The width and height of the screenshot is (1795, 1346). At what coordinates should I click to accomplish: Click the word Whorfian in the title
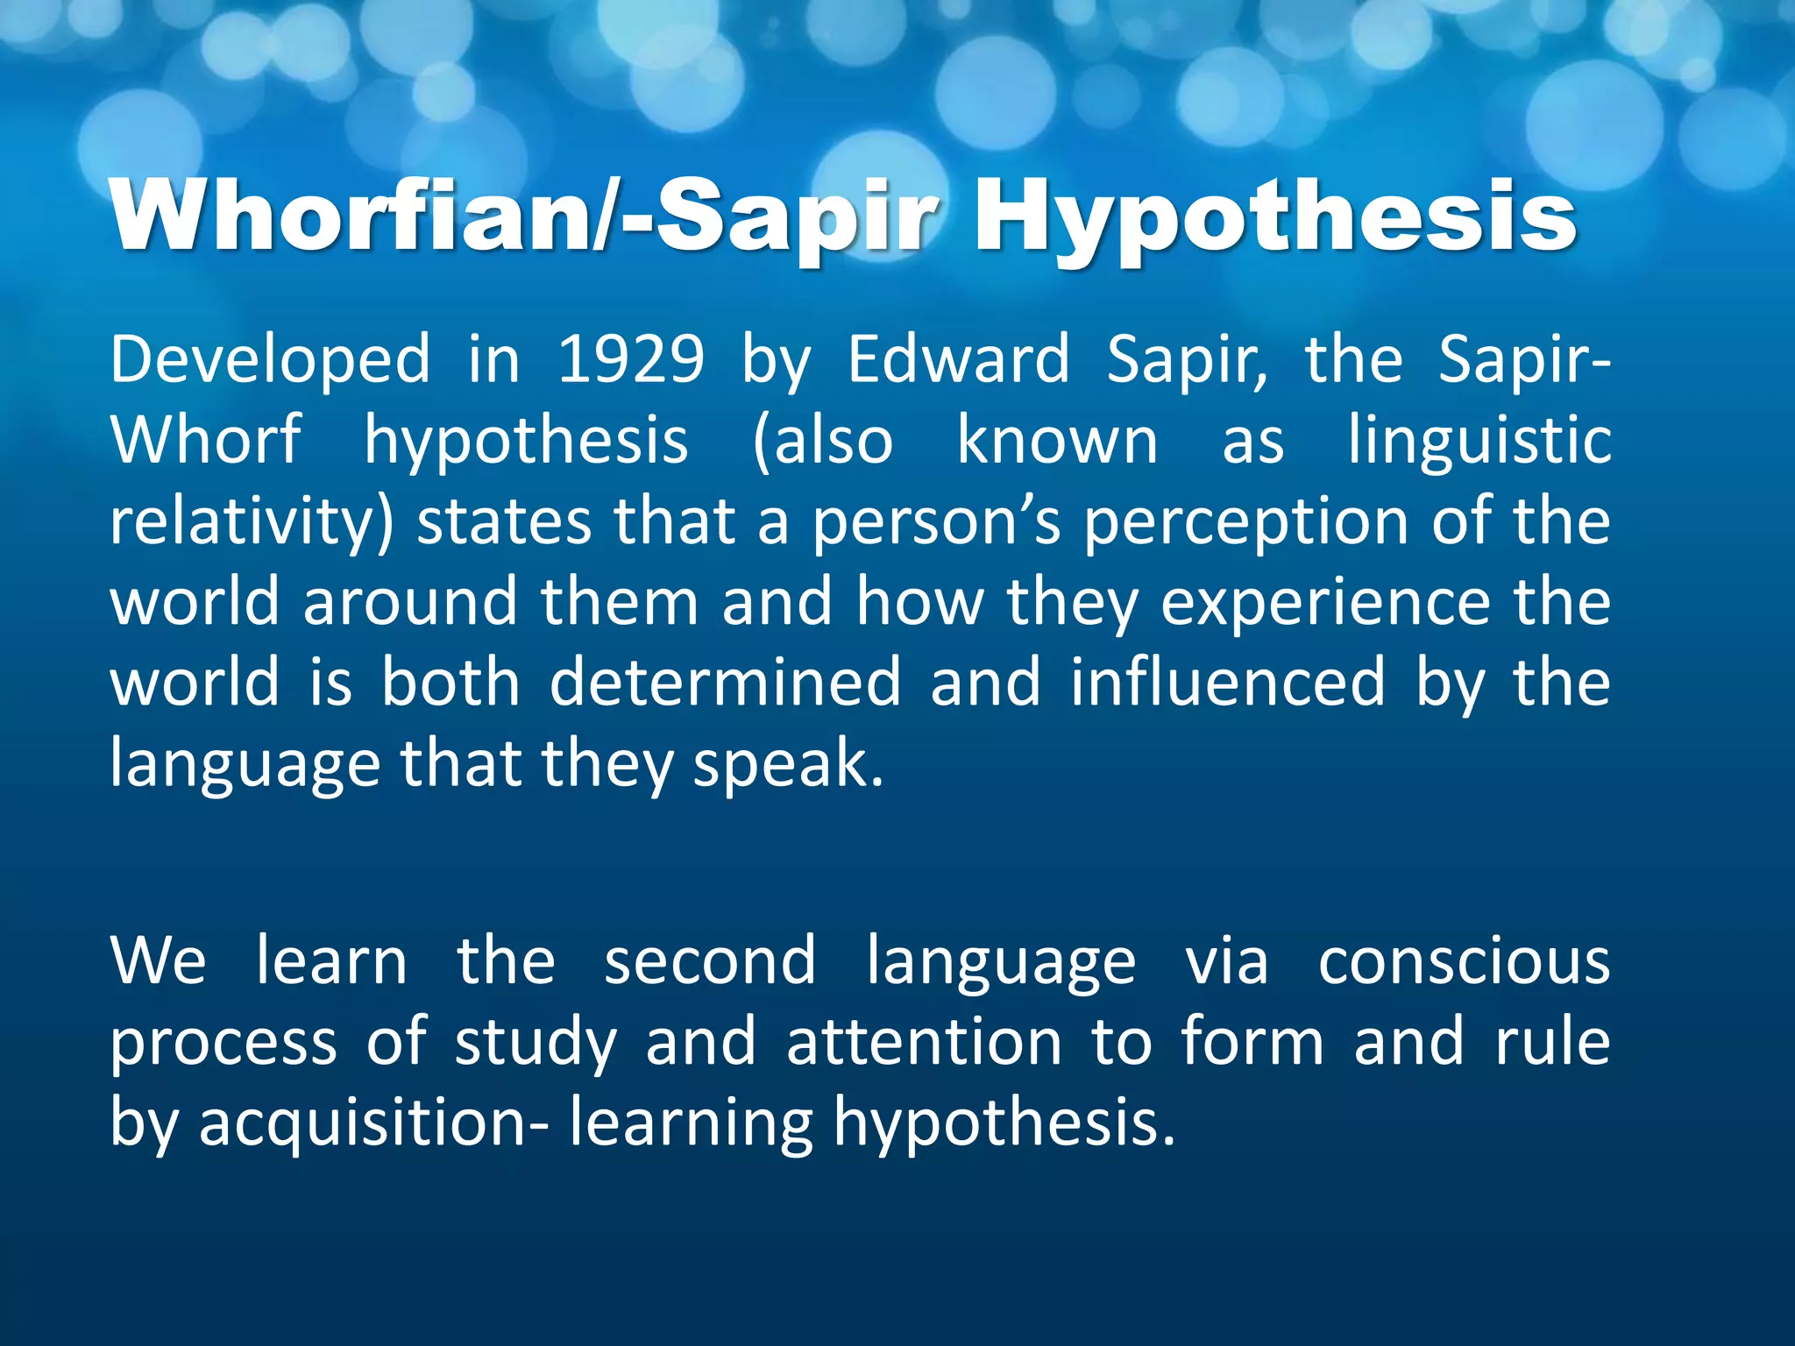(351, 215)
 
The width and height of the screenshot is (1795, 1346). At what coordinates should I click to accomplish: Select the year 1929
(631, 359)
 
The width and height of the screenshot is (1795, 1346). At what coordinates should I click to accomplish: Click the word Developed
(270, 359)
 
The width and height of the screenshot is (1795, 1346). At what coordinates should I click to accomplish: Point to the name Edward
(958, 359)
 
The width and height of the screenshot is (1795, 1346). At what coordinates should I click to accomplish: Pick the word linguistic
(1479, 440)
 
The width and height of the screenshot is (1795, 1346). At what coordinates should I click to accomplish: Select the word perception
(1245, 521)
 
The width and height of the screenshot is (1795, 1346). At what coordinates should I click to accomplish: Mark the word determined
(725, 683)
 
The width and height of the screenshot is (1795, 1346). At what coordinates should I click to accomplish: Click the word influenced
(1228, 683)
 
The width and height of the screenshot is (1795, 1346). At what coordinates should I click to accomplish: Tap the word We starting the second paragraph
(159, 961)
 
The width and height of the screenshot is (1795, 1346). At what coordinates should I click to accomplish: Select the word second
(710, 961)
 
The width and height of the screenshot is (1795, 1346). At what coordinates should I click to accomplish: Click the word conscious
(1464, 961)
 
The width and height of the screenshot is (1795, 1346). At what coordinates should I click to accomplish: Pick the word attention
(924, 1042)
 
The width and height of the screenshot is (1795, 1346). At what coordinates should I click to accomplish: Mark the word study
(536, 1042)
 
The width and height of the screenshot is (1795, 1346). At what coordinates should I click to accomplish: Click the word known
(1057, 440)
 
